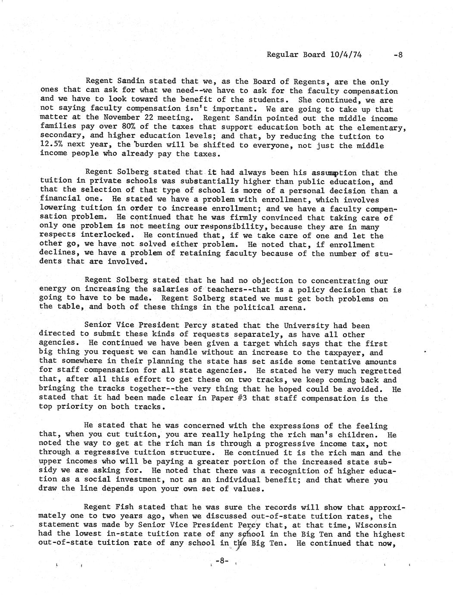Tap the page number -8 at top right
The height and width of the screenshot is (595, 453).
pyautogui.click(x=397, y=55)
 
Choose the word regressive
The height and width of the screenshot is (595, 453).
pyautogui.click(x=105, y=453)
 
